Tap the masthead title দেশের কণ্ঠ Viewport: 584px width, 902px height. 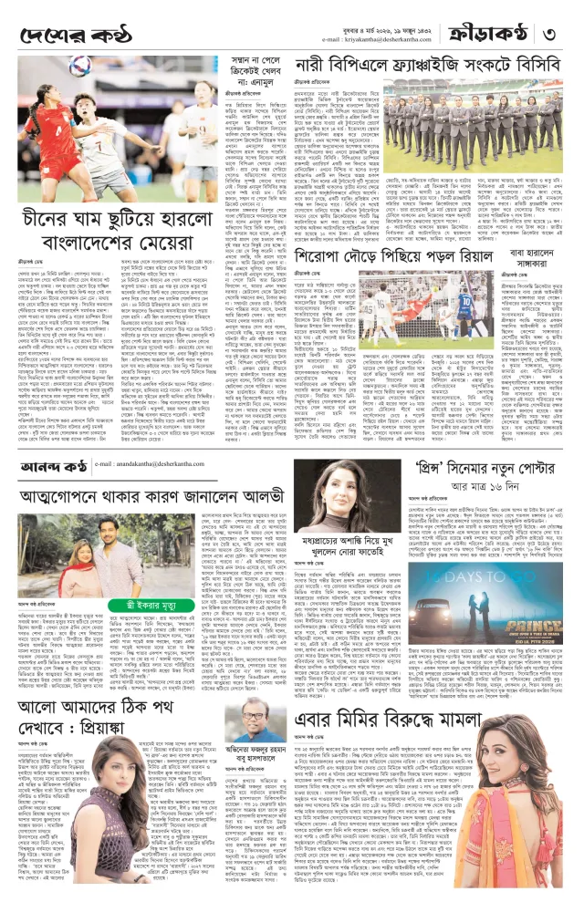tap(74, 35)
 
